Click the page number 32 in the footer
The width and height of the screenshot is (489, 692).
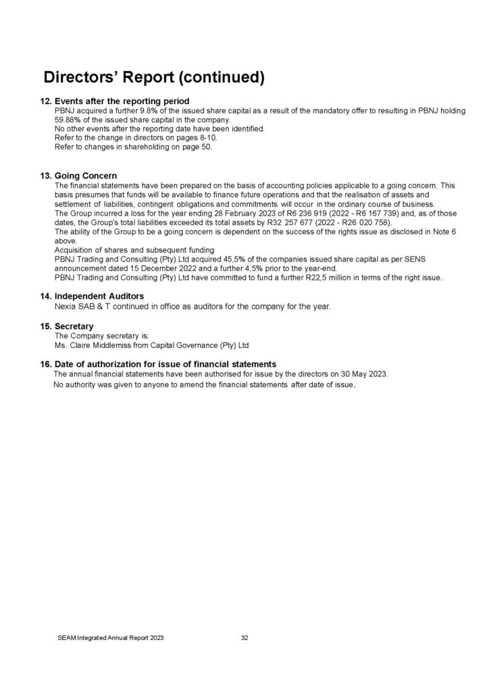coord(245,637)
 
